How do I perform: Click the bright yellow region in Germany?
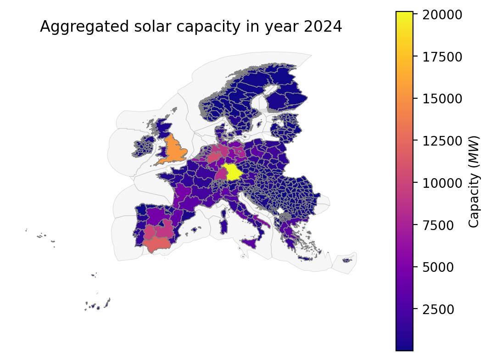coord(233,172)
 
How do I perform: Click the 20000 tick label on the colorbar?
coord(442,15)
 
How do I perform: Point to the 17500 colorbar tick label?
coord(442,57)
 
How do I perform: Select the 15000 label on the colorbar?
coord(442,99)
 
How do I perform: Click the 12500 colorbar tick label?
coord(442,141)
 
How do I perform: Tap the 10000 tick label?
coord(442,183)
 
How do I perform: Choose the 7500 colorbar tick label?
coord(438,225)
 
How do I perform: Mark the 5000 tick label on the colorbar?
coord(438,267)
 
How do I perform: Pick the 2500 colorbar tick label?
coord(438,309)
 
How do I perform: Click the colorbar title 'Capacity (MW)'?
coord(474,181)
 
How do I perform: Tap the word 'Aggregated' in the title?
coord(84,27)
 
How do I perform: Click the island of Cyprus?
coord(347,260)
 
